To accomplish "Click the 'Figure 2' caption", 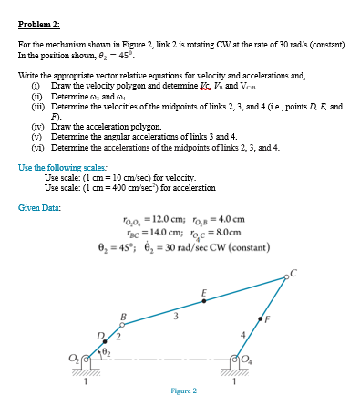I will click(x=183, y=391).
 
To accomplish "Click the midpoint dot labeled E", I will click(x=206, y=297).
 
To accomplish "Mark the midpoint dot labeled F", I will click(x=262, y=318).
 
